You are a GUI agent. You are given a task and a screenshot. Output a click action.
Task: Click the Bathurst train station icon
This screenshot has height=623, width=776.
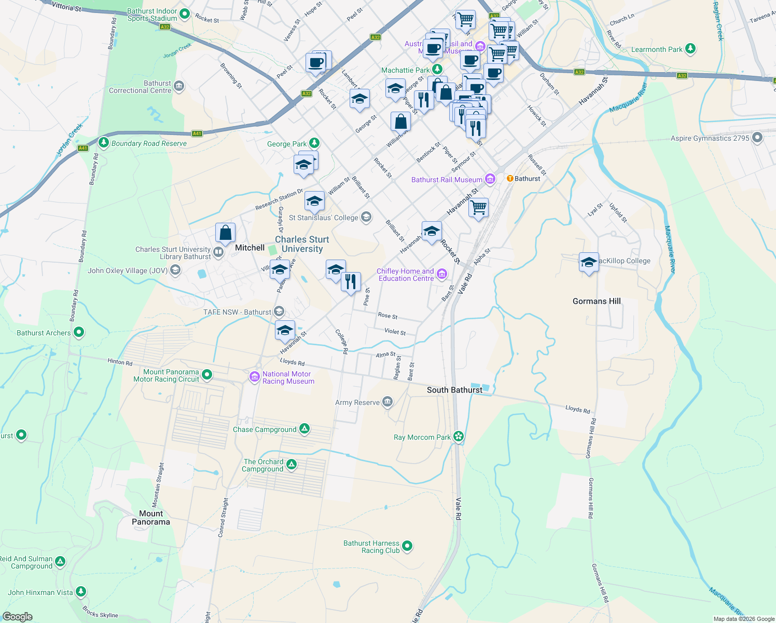point(510,179)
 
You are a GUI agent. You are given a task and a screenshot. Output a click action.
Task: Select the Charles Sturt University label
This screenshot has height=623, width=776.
point(302,244)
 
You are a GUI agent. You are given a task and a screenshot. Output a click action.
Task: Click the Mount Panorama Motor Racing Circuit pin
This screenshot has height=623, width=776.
point(207,374)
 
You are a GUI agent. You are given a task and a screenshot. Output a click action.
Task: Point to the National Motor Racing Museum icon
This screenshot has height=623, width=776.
point(254,377)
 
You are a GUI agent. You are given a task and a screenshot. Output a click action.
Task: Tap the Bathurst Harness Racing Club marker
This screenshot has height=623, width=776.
point(407,546)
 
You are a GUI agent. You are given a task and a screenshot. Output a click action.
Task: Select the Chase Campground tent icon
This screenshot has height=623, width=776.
point(304,429)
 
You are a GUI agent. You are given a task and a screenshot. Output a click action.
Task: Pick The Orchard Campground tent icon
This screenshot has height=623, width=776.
point(292,464)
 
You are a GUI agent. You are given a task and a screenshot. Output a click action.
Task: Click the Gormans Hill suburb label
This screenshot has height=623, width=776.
point(597,301)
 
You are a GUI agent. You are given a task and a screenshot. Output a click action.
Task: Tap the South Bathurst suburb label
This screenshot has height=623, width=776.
point(454,390)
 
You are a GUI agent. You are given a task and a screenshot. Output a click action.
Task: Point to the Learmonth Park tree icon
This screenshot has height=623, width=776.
point(690,49)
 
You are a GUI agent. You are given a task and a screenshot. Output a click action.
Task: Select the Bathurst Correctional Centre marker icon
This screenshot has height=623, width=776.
point(179,86)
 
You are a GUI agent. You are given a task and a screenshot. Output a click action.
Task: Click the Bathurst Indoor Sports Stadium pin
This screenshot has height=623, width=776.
point(184,14)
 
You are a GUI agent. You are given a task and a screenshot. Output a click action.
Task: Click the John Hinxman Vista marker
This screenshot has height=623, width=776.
point(80,591)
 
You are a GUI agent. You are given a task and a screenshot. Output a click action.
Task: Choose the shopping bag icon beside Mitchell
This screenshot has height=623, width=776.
point(225,233)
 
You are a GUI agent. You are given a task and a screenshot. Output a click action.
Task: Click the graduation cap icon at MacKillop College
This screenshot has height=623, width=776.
point(589,263)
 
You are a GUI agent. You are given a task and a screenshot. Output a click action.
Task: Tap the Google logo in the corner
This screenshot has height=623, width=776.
point(18,617)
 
